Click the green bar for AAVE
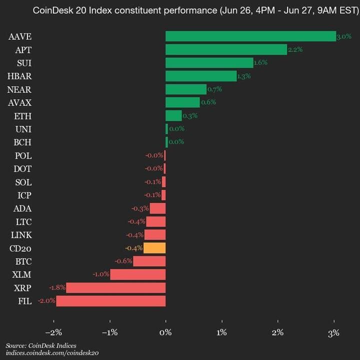(250, 36)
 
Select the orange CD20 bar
(154, 248)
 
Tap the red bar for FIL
(110, 301)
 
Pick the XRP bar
(115, 287)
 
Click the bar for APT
(226, 49)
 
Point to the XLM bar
(137, 274)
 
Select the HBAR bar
(200, 76)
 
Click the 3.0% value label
(344, 36)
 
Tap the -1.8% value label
(57, 287)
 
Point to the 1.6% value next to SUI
(260, 63)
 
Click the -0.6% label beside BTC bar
(123, 261)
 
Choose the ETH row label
(23, 116)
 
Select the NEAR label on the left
(19, 89)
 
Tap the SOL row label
(23, 182)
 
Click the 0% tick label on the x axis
(165, 332)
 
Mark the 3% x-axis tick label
(334, 332)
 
